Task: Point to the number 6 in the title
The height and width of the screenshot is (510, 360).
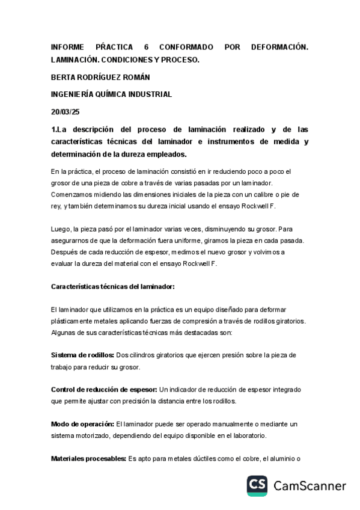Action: coord(147,47)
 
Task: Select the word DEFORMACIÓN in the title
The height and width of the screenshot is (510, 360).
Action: coord(280,47)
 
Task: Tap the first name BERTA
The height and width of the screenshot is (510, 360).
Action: coord(64,77)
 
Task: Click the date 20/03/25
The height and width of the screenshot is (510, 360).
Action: coord(66,111)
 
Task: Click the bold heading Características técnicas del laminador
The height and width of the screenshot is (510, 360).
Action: coord(112,286)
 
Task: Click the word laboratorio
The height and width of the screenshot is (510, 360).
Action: coord(246,436)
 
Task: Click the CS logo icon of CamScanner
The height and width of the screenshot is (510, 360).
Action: coord(257,485)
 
